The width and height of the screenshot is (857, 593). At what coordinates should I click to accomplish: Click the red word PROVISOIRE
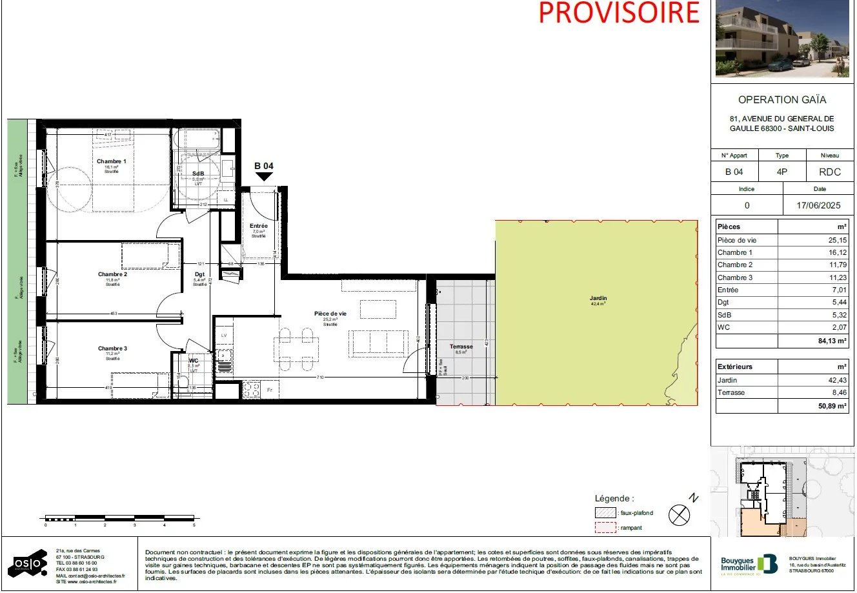[x=618, y=13]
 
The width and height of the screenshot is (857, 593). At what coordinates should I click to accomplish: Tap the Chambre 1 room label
[x=111, y=161]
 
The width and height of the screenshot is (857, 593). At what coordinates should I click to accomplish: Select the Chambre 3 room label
[x=112, y=348]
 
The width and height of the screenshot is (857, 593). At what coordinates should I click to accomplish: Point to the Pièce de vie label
[x=330, y=314]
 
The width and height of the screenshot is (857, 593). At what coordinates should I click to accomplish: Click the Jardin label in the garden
[x=598, y=298]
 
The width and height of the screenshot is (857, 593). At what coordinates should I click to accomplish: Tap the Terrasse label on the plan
[x=461, y=347]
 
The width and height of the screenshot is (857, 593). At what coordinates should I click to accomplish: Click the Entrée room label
[x=258, y=226]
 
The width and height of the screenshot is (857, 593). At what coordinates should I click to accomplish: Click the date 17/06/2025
[x=819, y=205]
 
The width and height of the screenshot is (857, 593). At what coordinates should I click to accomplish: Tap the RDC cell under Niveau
[x=830, y=172]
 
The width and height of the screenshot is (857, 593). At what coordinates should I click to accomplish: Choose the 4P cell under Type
[x=781, y=172]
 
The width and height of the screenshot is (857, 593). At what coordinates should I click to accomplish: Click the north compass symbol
[x=679, y=514]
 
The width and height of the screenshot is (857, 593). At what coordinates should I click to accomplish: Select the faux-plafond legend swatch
[x=605, y=512]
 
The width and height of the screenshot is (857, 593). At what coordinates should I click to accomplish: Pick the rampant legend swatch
[x=605, y=527]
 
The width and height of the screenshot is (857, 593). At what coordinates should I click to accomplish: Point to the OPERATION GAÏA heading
[x=781, y=99]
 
